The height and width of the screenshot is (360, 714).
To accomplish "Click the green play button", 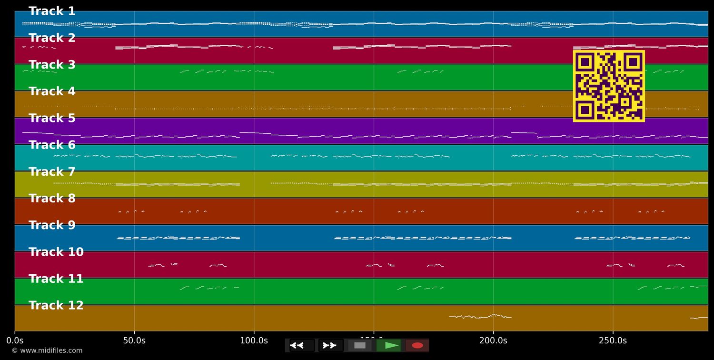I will coord(388,345).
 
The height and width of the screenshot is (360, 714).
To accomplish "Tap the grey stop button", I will coord(360,345).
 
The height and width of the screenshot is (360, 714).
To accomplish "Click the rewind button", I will coord(301,345).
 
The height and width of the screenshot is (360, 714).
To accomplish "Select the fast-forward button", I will coord(330,345).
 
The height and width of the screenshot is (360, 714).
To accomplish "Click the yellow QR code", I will coord(609,86).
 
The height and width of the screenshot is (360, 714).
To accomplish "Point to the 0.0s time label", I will coord(15,340).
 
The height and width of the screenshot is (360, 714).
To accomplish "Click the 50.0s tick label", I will coord(134,340).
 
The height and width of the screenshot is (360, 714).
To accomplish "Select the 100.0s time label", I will coord(254,340).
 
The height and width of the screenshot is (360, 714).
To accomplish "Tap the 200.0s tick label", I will coord(493,340).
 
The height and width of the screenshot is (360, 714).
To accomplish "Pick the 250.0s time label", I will coord(613,340).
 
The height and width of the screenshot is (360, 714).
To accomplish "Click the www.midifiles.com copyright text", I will coord(47,350).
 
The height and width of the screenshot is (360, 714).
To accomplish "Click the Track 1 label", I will coord(52,11).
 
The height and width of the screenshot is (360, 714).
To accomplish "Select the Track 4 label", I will coord(52,91).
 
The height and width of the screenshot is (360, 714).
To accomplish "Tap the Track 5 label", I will coord(52,118).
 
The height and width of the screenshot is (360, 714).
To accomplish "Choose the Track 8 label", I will coord(52,199).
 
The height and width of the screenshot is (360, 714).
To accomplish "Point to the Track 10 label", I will coord(56,252).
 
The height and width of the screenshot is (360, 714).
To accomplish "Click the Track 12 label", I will coord(56,306).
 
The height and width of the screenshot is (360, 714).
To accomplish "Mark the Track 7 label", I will coord(52,172).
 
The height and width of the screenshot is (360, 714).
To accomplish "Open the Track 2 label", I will coord(52,38).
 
